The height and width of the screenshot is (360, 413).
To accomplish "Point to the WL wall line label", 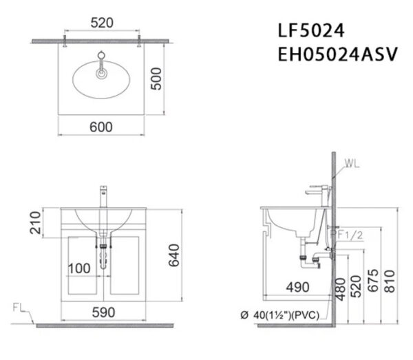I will [x=352, y=164].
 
